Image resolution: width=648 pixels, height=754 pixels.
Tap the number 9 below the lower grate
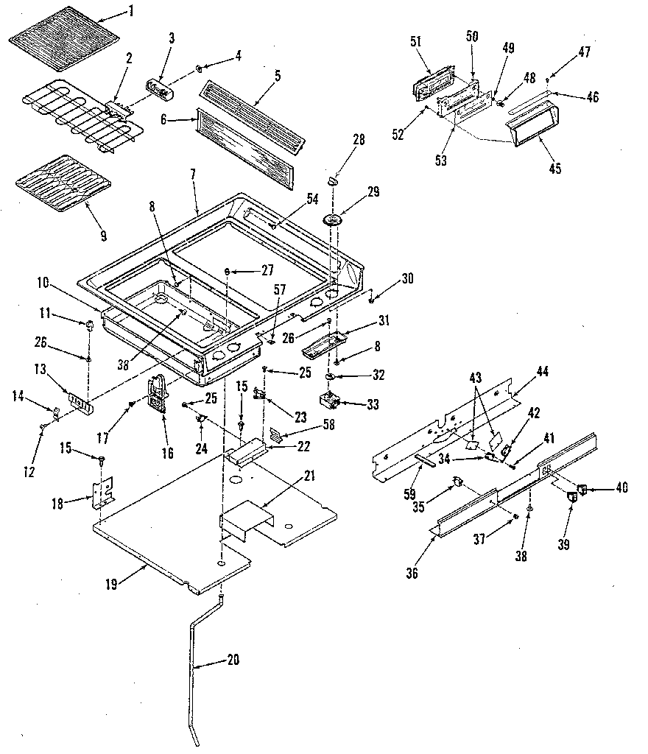tap(102, 236)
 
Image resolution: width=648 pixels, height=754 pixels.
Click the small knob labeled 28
tap(333, 177)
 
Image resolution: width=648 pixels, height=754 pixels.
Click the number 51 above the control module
tap(416, 42)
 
